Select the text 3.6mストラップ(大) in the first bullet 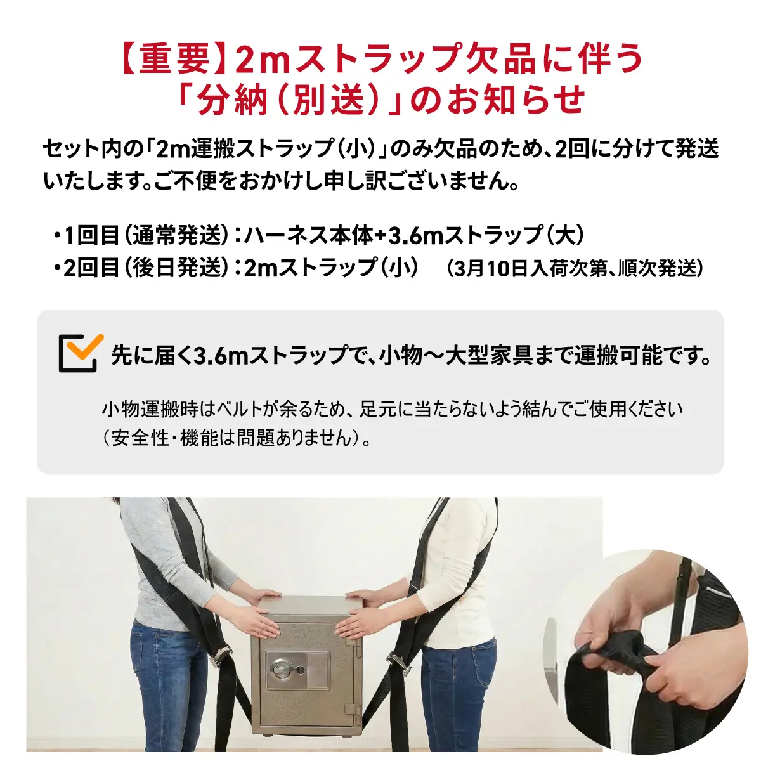[x=485, y=236]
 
